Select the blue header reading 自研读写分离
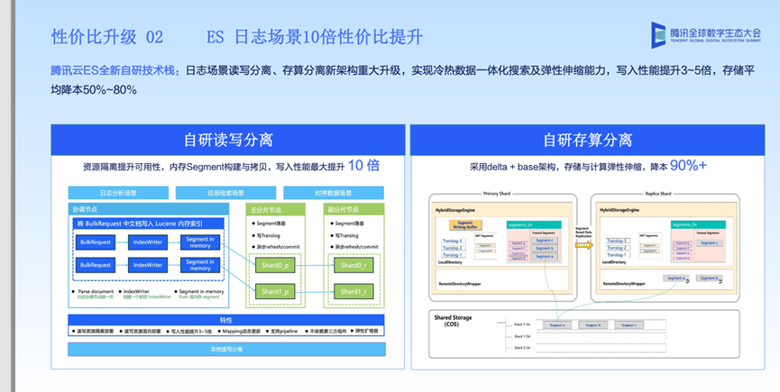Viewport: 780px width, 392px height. point(228,140)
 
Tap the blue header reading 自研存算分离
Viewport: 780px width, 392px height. point(587,140)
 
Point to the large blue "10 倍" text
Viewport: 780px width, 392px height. point(363,166)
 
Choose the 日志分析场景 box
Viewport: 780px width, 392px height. point(118,193)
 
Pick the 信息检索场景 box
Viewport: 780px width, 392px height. point(225,193)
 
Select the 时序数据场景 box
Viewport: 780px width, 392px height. point(334,193)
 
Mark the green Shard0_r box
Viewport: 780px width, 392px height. point(352,266)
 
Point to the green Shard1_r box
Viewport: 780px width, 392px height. point(352,292)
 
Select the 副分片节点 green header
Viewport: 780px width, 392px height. point(347,209)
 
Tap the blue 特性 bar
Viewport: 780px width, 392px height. point(225,319)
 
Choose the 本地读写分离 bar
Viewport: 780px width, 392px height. point(225,348)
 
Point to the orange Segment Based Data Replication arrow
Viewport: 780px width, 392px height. point(583,243)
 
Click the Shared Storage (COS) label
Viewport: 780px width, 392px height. point(454,321)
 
